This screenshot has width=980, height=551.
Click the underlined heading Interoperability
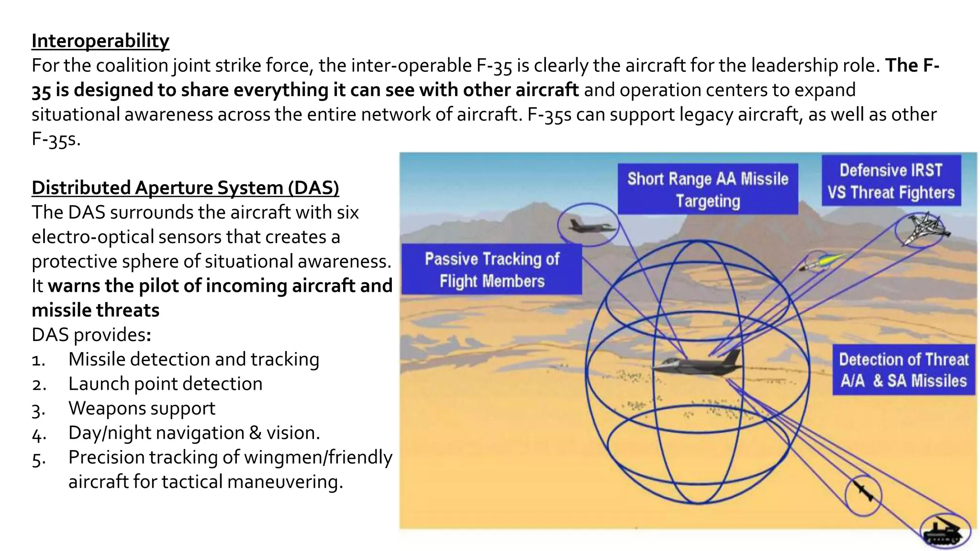tap(100, 41)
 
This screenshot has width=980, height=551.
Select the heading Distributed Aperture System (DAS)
tap(185, 188)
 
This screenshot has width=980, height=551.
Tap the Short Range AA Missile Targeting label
tap(708, 189)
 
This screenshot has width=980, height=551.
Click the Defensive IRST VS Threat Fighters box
tap(891, 181)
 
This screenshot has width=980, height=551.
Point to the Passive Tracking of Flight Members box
tap(491, 270)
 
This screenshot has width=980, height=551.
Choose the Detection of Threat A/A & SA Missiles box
tap(903, 370)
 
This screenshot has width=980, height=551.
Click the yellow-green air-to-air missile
tap(821, 262)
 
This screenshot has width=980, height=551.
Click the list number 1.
tap(38, 360)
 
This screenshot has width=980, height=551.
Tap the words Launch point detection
tap(165, 384)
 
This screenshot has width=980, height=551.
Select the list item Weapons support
tap(142, 408)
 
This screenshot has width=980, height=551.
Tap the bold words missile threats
tap(95, 310)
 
